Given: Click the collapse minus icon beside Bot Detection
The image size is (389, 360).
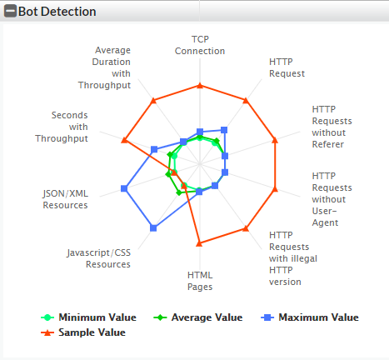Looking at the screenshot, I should coord(10,12).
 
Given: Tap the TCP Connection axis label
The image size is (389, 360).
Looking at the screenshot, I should coord(200,45).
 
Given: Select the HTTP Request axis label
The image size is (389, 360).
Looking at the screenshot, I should coord(287,67).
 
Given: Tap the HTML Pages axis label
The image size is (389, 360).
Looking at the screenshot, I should coord(200,281).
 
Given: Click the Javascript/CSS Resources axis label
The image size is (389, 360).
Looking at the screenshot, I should coord(99,258).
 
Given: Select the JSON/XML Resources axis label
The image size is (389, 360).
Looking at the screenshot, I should coord(65,199).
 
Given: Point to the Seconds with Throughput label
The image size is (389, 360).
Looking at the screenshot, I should coord(70,127).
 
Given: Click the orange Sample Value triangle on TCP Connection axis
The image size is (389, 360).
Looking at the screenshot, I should coord(200,85).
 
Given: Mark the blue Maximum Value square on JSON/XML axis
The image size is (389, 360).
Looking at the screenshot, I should coord(124,189).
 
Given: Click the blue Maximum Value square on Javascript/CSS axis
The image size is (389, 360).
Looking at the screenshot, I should coord(152,227).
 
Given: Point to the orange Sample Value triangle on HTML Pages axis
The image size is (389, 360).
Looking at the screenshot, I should coord(199,243).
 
